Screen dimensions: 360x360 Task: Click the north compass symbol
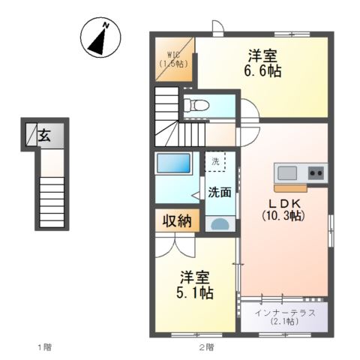click(100, 37)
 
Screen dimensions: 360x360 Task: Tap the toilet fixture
click(196, 106)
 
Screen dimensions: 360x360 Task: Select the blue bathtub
click(173, 163)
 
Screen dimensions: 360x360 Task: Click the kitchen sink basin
click(287, 172)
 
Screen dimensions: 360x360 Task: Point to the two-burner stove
click(316, 172)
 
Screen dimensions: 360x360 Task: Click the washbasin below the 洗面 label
click(220, 224)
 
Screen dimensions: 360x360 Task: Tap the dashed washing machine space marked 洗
click(215, 161)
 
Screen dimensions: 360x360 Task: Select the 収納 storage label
click(177, 221)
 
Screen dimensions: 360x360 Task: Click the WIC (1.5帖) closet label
click(173, 59)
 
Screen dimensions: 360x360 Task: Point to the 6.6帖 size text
click(262, 71)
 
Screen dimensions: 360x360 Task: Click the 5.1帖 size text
click(195, 292)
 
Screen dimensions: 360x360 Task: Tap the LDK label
click(284, 204)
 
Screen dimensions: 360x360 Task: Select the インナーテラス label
click(285, 313)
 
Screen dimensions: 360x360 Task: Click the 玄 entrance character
click(44, 136)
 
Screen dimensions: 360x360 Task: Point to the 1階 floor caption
click(45, 347)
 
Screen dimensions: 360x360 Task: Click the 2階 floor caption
click(206, 347)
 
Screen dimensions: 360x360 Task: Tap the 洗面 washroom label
click(220, 192)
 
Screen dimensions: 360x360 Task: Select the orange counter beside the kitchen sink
click(290, 188)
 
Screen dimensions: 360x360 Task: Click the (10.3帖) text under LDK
click(283, 215)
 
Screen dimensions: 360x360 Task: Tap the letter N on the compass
click(106, 25)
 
